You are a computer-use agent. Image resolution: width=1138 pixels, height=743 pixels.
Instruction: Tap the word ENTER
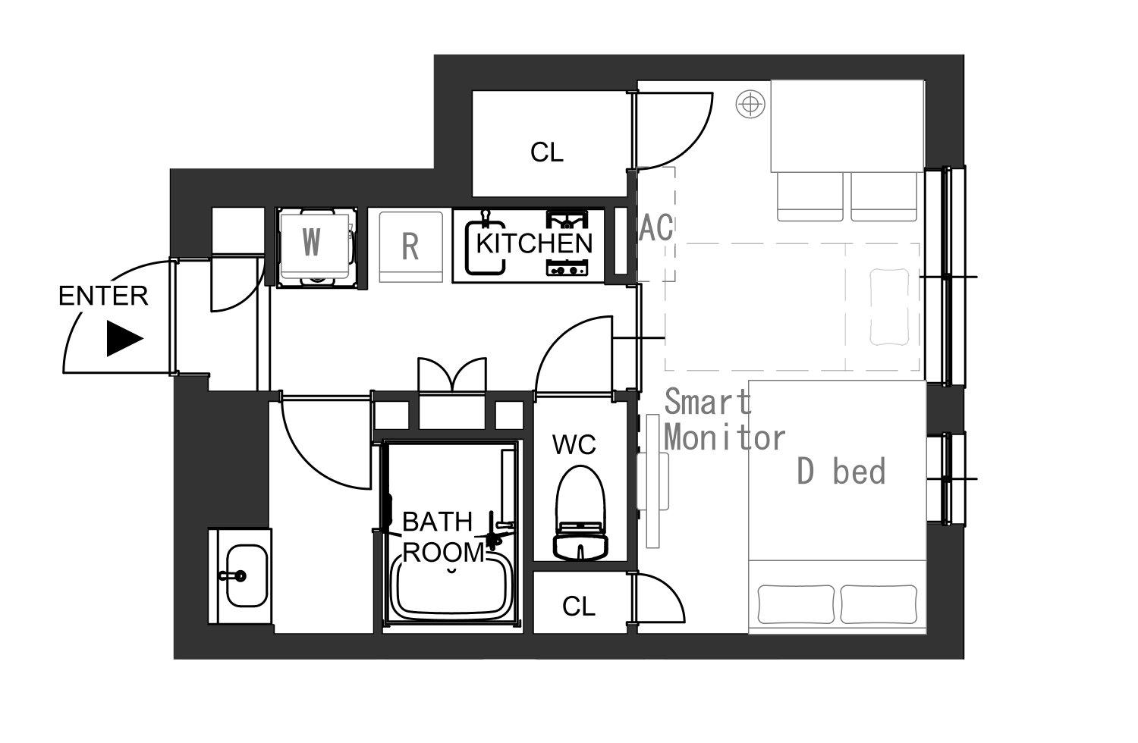(x=103, y=296)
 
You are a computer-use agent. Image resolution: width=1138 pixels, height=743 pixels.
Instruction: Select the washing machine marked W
(x=316, y=247)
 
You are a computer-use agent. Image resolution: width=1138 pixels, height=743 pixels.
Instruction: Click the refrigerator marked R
(x=411, y=247)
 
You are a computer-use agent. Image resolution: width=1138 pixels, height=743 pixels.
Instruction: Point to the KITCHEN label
(x=534, y=244)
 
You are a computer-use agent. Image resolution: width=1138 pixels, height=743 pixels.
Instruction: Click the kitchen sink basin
(x=486, y=248)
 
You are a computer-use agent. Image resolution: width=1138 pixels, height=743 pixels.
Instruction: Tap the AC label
(x=656, y=227)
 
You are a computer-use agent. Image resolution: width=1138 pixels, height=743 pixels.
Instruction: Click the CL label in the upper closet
(x=547, y=152)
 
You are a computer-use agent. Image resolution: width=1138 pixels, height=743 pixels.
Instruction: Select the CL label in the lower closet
(x=579, y=606)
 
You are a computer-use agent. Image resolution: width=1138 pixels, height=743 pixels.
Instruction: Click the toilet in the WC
(x=580, y=513)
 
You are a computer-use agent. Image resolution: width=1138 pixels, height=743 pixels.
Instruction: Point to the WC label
(x=574, y=445)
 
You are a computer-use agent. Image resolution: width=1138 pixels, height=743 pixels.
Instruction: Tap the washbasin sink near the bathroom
(x=246, y=576)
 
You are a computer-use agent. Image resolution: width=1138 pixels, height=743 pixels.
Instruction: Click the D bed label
(x=841, y=472)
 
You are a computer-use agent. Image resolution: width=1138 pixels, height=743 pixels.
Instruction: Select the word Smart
(x=708, y=401)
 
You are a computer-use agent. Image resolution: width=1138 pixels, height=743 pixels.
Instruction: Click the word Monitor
(x=725, y=437)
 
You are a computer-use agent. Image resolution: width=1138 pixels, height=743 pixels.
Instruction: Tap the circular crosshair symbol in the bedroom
(x=750, y=104)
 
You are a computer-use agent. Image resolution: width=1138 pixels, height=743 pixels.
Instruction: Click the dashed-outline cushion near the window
(x=889, y=307)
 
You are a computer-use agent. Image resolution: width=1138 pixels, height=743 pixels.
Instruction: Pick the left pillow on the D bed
(x=796, y=604)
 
